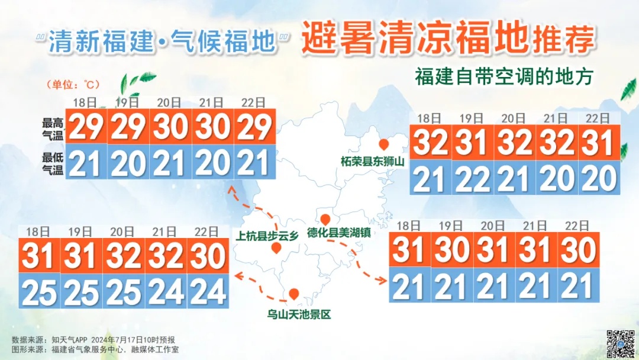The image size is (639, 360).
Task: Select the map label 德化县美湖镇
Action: (x=339, y=232)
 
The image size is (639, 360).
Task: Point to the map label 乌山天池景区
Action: (x=298, y=314)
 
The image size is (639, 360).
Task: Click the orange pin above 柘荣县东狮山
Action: (x=384, y=144)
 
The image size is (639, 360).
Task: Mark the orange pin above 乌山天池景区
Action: (x=293, y=294)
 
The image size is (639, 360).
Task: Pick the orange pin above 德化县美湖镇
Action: (x=325, y=219)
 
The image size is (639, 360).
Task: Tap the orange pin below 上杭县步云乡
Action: (x=275, y=247)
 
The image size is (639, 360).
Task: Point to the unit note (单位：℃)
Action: (x=70, y=85)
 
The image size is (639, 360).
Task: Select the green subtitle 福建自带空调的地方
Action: (x=504, y=77)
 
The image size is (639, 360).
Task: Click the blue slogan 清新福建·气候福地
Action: (x=162, y=41)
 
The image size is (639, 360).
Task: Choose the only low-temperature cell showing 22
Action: (x=472, y=178)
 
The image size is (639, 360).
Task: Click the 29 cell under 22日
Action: (x=254, y=126)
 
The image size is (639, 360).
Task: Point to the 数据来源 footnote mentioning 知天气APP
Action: (x=93, y=340)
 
